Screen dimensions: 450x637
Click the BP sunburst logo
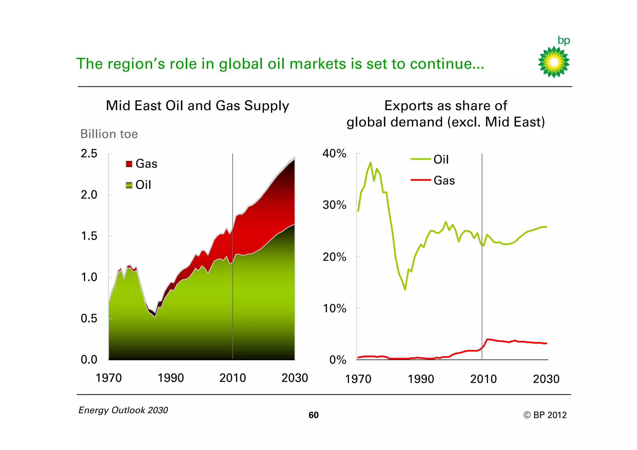tap(554, 62)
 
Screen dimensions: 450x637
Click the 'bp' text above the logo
tap(564, 40)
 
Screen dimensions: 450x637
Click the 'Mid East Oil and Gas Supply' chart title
tap(198, 106)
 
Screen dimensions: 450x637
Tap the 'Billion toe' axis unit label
tap(109, 134)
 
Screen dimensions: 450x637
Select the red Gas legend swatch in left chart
tap(129, 164)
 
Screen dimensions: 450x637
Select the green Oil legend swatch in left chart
tap(129, 185)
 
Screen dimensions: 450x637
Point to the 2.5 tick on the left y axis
tap(89, 154)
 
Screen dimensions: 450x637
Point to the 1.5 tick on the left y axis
tap(89, 236)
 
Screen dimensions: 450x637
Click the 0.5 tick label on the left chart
tap(89, 318)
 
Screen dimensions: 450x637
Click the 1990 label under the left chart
tap(170, 378)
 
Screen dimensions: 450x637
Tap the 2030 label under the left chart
tap(294, 378)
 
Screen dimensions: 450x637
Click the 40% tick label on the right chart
tap(334, 153)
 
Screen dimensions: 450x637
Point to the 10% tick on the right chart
tap(334, 309)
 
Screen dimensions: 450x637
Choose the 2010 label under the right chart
tap(483, 379)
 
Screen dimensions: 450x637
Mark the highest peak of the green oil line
tap(370, 162)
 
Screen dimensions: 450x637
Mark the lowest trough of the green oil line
tap(405, 290)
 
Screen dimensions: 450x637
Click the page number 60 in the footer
tap(314, 415)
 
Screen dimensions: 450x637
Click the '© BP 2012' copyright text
tap(545, 415)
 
